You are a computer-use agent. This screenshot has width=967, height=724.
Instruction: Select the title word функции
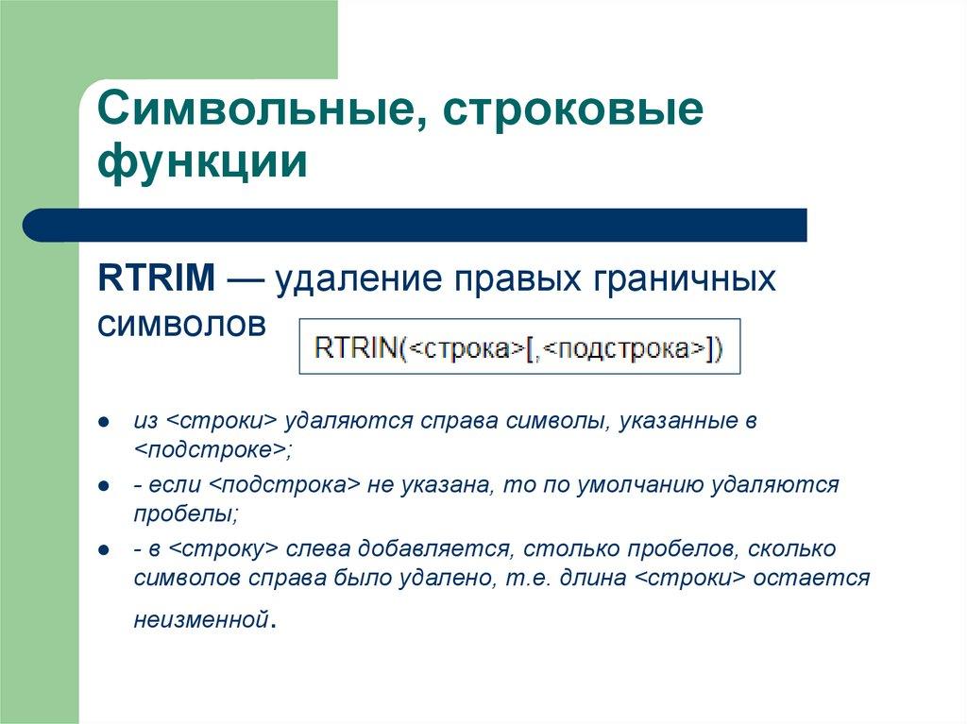pos(203,162)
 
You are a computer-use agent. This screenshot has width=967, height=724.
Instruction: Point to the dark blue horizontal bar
pos(416,226)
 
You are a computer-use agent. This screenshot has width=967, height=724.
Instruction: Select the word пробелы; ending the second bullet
pos(185,514)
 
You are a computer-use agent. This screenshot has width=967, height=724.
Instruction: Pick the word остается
pos(813,578)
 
